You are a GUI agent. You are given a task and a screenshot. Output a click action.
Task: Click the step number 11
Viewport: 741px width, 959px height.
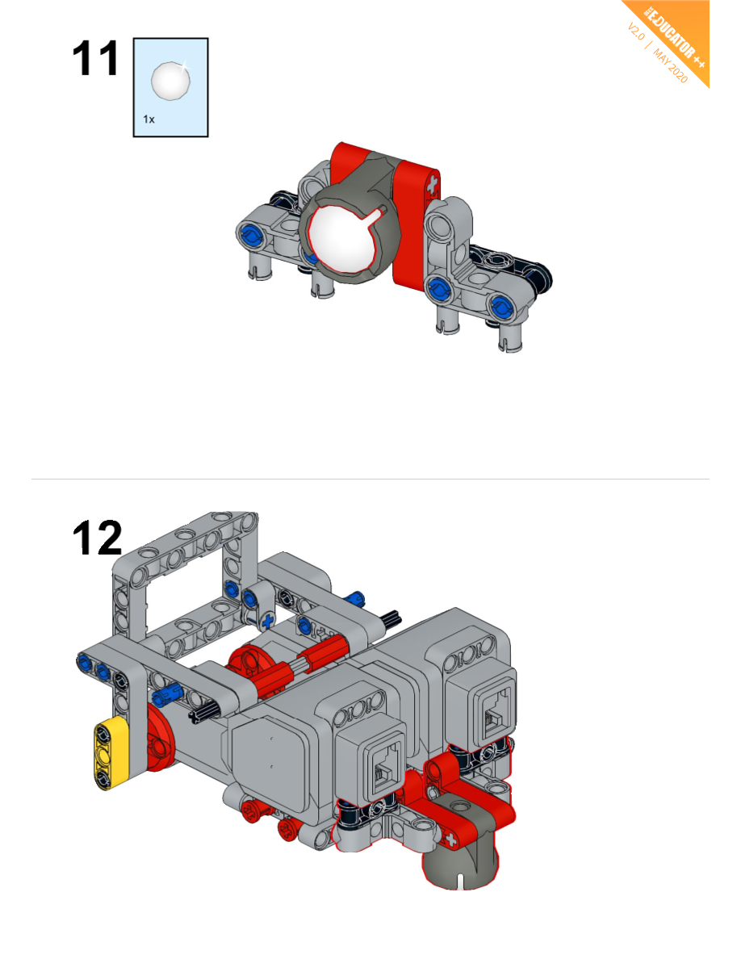coord(94,59)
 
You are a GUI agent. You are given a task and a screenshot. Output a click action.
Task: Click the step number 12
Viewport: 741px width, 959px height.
coord(97,538)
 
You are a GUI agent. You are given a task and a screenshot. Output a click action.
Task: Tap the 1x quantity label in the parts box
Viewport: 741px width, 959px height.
coord(149,119)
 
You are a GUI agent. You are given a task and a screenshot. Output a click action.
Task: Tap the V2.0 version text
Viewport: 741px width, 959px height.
coord(636,31)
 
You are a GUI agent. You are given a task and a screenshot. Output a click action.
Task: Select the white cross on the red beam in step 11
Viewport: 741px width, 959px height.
coord(433,183)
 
